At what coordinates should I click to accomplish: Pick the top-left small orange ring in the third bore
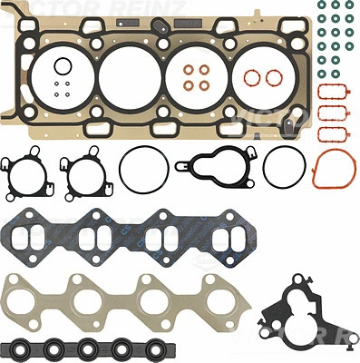point(189,70)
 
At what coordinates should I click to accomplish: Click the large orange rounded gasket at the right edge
point(335,171)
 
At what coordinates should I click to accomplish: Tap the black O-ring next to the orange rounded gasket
point(282,166)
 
